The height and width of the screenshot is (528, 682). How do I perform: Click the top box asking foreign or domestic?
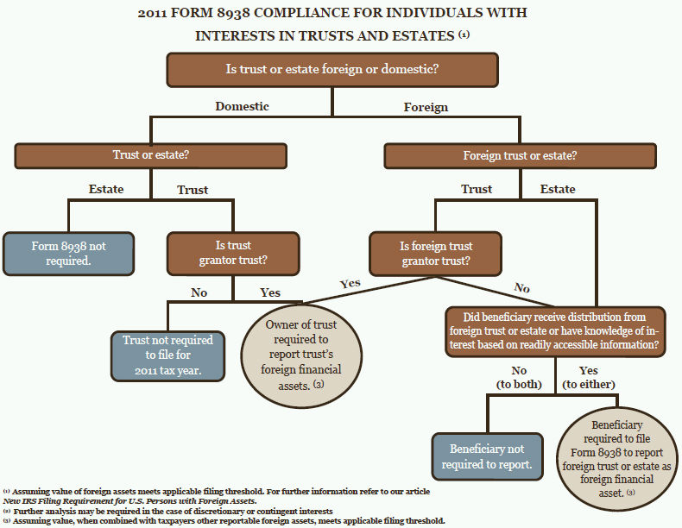332,70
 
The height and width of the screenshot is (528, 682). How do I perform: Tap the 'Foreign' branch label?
426,107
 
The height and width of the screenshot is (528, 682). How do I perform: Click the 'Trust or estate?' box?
150,156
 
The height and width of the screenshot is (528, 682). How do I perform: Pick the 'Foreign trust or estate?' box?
520,156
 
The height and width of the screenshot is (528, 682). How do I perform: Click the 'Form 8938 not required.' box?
68,253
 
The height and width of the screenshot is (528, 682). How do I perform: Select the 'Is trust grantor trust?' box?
233,253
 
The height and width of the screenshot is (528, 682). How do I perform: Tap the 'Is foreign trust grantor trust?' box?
437,253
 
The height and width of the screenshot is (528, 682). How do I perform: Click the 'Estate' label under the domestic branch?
106,189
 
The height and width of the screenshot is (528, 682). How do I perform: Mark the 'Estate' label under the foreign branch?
558,189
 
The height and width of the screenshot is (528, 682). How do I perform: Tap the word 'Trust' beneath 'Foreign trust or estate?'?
477,189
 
